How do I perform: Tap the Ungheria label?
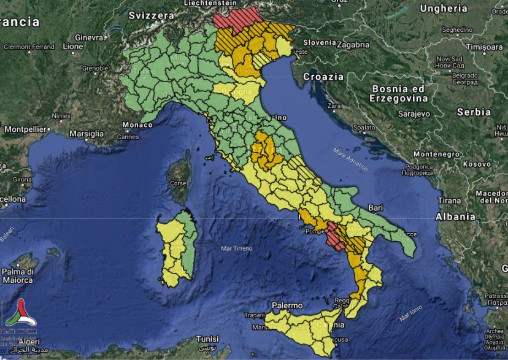pos(444,9)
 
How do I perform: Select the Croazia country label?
pos(323,77)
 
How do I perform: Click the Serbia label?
pos(474,112)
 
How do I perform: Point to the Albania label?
pos(455,216)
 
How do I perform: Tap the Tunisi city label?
pos(207,339)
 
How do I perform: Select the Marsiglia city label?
pos(87,133)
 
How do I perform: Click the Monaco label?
pos(137,125)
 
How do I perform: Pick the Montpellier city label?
pos(26,129)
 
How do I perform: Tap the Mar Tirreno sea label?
pos(236,248)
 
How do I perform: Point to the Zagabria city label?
pos(353,45)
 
